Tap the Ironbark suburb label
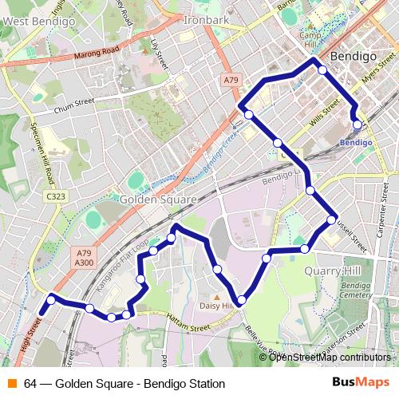tap(206, 19)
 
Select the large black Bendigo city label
tap(352, 57)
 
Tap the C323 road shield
tap(55, 196)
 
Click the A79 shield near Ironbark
tap(231, 80)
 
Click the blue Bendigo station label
tap(355, 143)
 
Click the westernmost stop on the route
tap(51, 300)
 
